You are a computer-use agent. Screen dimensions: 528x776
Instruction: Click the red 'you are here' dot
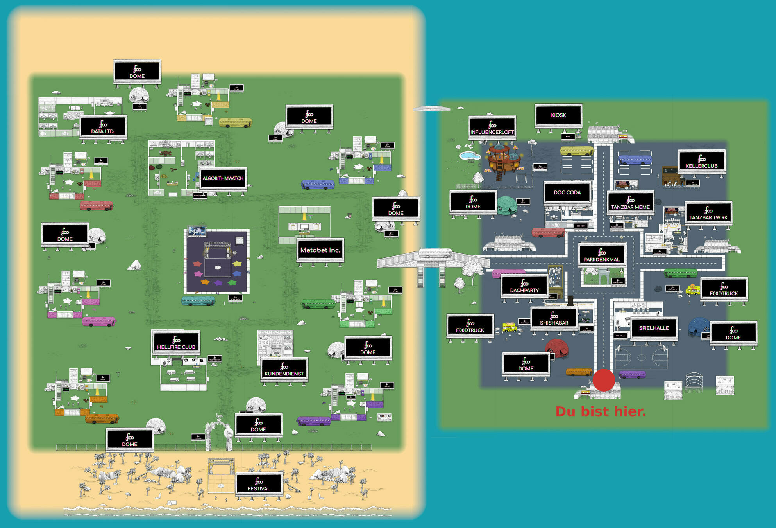[x=604, y=380]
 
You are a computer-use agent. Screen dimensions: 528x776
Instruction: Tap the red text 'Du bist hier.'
[x=601, y=411]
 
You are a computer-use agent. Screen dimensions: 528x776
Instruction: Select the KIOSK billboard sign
[x=558, y=115]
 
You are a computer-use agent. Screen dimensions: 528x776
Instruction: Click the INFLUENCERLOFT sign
[x=492, y=128]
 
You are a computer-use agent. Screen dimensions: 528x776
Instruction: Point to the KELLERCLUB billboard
[x=702, y=161]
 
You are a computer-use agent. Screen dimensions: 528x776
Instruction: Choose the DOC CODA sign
[x=567, y=192]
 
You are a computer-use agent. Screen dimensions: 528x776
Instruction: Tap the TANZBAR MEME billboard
[x=630, y=203]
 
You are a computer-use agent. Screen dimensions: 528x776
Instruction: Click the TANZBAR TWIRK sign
[x=708, y=213]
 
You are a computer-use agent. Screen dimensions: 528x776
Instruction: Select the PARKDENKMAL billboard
[x=602, y=255]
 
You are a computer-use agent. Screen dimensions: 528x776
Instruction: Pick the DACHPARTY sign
[x=524, y=286]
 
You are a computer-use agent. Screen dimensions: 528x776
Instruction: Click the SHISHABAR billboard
[x=554, y=318]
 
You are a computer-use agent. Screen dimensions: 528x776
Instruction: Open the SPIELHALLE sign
[x=654, y=328]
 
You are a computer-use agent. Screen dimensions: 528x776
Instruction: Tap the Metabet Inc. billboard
[x=320, y=250]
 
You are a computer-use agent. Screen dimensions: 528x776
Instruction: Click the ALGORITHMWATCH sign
[x=223, y=178]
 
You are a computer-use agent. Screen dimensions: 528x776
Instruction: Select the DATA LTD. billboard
[x=103, y=127]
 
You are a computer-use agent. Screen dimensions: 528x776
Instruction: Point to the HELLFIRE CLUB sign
[x=176, y=342]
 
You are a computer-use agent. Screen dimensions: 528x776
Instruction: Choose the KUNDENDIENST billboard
[x=284, y=369]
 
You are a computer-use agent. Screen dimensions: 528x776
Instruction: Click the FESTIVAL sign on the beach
[x=259, y=484]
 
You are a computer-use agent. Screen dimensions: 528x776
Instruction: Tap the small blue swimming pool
[x=470, y=156]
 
